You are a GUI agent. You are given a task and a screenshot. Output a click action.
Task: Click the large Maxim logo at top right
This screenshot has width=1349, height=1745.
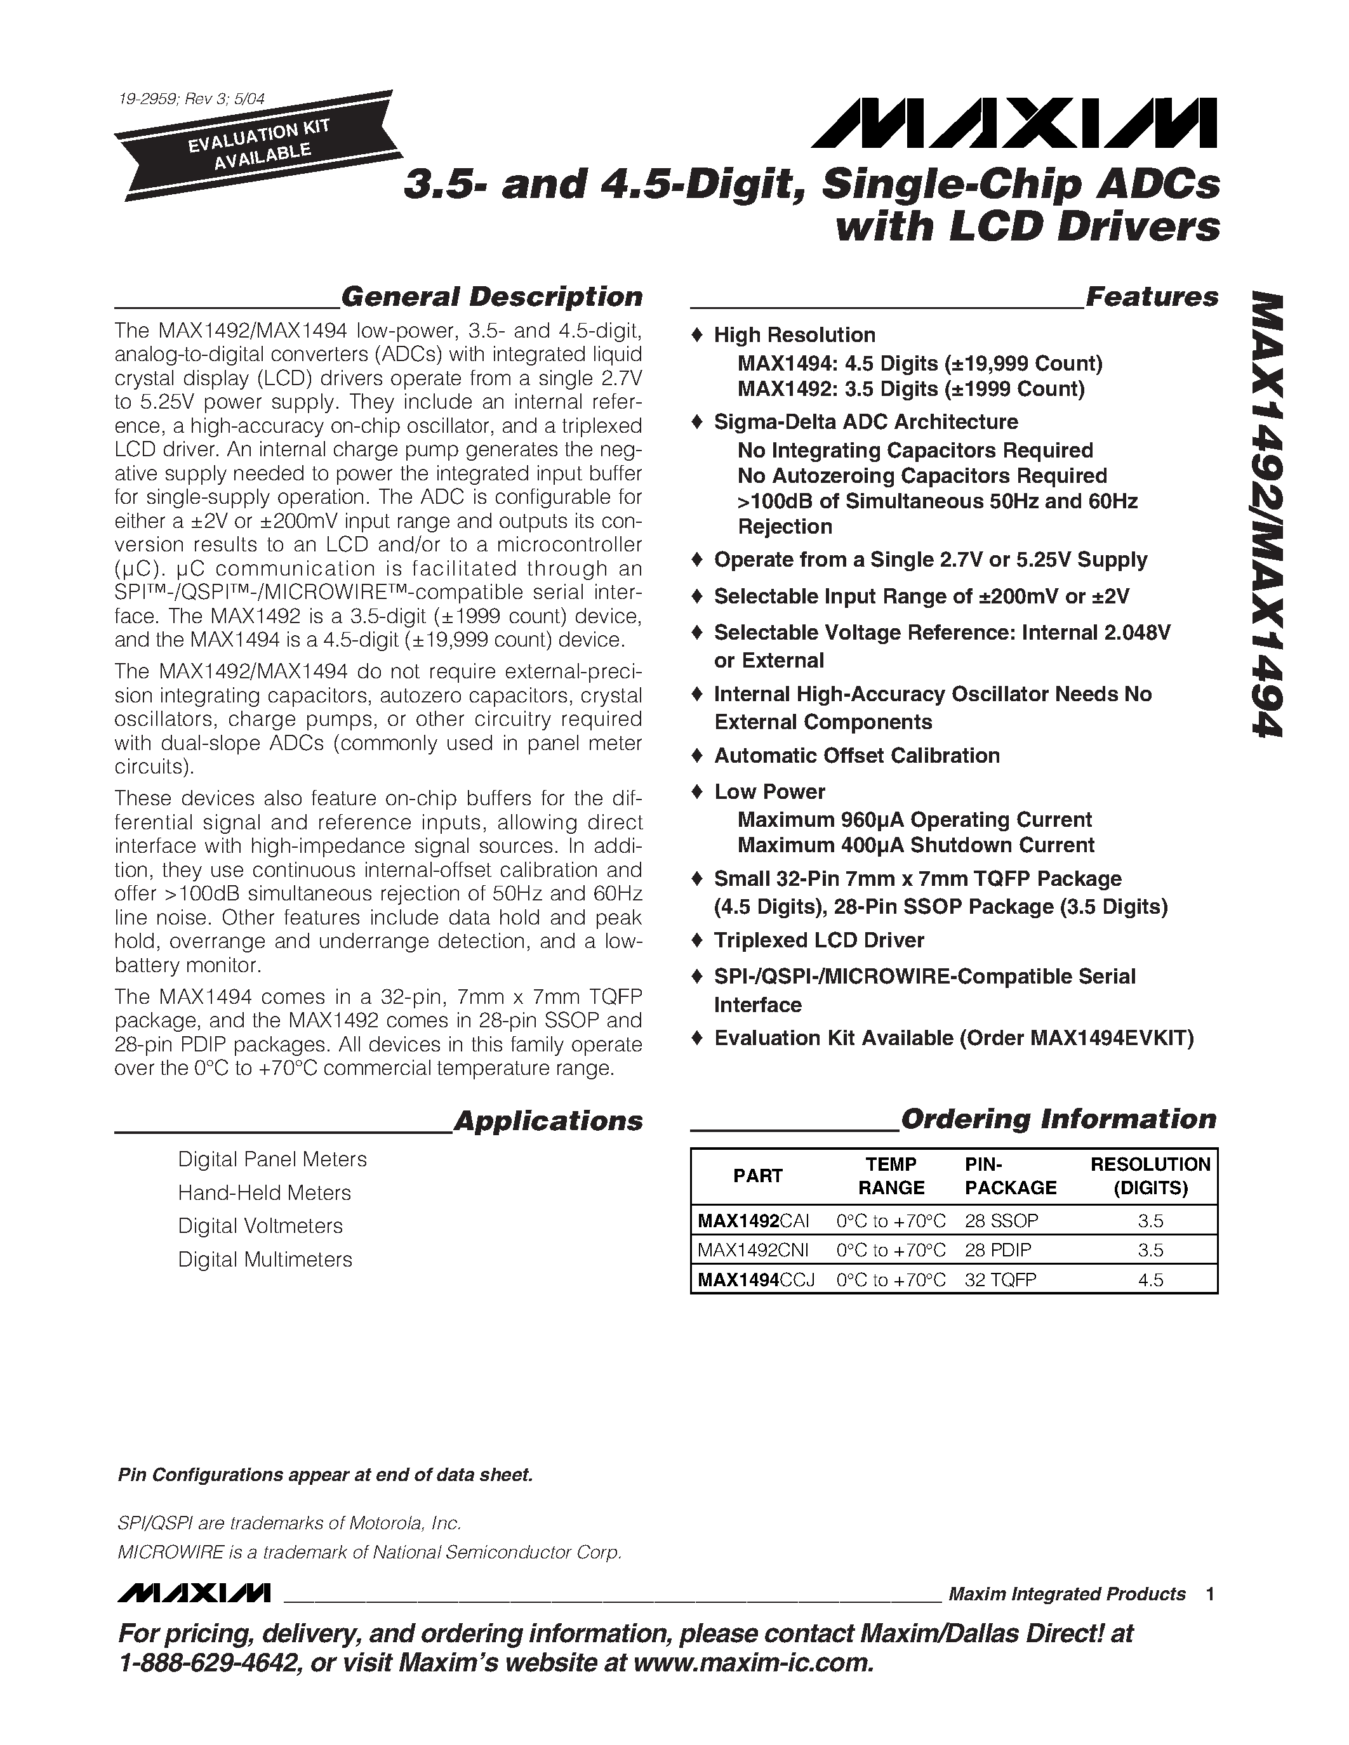1013,124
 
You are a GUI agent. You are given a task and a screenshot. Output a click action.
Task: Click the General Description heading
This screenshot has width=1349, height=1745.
491,296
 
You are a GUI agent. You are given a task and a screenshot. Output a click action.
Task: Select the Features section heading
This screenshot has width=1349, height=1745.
1152,296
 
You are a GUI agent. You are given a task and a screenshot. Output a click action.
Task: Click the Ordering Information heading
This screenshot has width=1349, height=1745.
1058,1119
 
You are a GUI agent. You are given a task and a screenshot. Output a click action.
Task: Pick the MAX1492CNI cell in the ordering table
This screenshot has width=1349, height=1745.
753,1249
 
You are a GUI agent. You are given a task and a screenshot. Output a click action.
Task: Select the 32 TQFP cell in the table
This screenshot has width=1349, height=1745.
1000,1280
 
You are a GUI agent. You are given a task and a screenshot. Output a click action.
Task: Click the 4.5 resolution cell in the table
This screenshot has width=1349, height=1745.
1150,1280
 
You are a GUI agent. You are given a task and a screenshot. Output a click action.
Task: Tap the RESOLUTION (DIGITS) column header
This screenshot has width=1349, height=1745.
1150,1175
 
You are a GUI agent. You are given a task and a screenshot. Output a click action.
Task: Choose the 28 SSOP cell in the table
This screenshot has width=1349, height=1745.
1000,1220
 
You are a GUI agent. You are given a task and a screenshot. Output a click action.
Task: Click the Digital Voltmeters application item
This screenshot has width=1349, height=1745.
260,1226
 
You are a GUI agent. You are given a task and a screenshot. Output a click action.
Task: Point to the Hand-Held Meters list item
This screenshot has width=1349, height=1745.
263,1192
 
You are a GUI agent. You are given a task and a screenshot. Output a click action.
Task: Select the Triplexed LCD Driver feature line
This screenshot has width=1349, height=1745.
819,940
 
